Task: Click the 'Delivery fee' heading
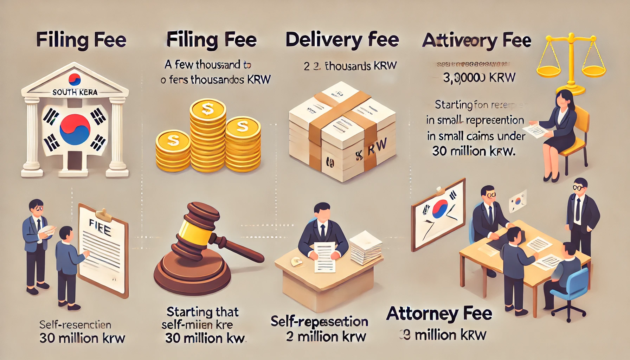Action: [342, 40]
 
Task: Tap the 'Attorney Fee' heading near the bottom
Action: [439, 314]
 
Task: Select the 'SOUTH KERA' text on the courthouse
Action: [75, 92]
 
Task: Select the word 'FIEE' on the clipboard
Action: [100, 227]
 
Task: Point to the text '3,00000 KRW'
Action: [479, 78]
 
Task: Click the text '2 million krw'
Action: [326, 336]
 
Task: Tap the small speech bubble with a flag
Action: [518, 201]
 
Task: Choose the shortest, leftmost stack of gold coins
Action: [173, 151]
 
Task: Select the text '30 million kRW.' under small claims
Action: [474, 151]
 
